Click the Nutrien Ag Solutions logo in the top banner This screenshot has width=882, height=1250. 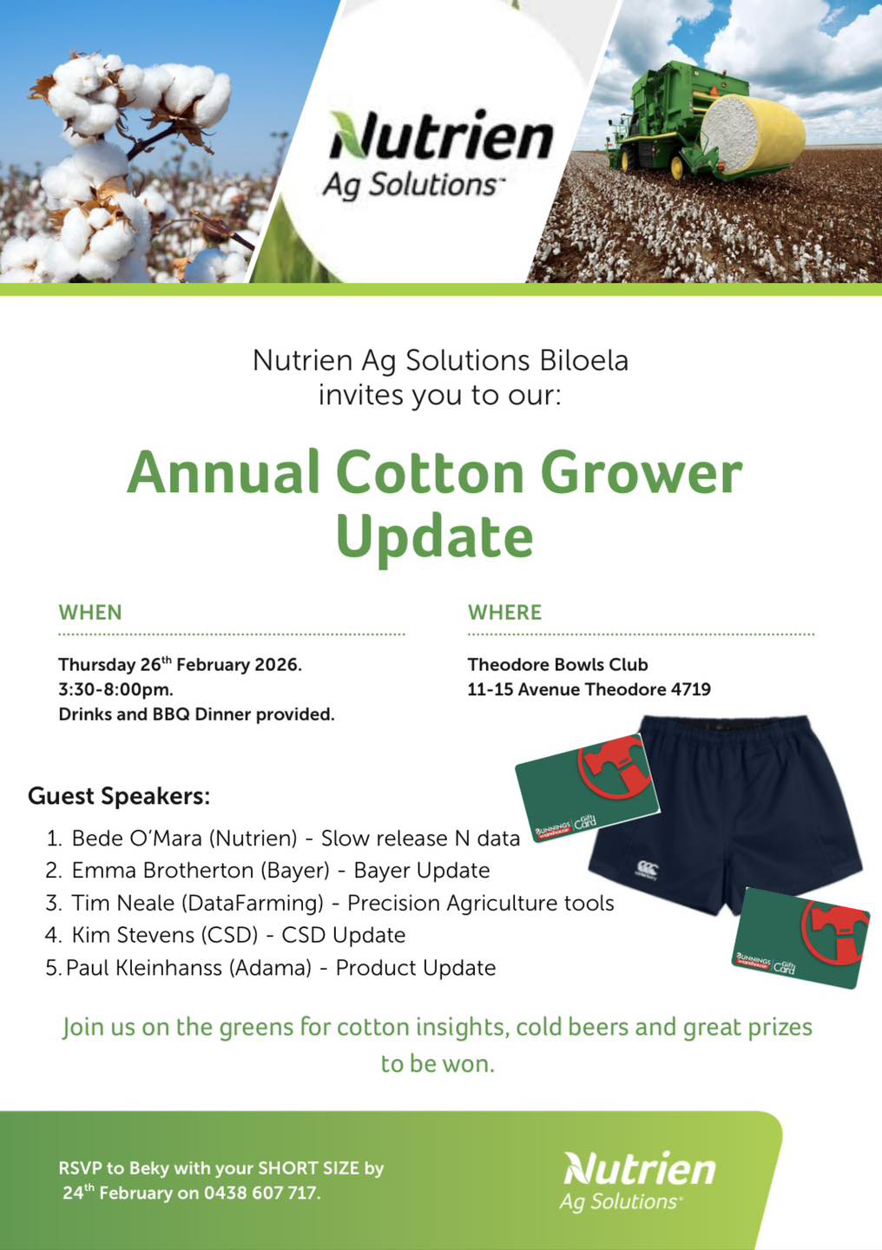[439, 155]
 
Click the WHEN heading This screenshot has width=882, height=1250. [90, 612]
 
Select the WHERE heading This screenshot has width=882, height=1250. [504, 612]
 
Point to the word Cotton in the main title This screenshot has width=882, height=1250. [430, 473]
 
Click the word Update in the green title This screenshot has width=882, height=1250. [434, 537]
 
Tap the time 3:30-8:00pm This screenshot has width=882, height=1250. [115, 689]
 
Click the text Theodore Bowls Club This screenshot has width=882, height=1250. [557, 664]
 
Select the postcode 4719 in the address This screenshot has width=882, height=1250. [691, 689]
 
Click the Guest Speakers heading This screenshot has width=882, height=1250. [119, 795]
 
